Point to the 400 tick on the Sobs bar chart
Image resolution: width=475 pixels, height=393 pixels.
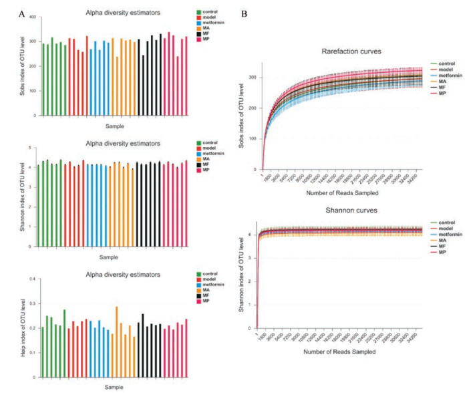pyautogui.click(x=33, y=15)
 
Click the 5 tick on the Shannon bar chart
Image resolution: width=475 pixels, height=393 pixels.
pyautogui.click(x=33, y=147)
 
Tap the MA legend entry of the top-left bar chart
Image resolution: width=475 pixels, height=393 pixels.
pyautogui.click(x=209, y=27)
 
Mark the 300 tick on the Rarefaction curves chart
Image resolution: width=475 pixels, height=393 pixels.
pyautogui.click(x=255, y=78)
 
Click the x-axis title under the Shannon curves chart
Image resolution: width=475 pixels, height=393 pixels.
pyautogui.click(x=339, y=350)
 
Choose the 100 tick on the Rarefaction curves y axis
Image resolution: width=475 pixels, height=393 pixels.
pyautogui.click(x=255, y=139)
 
